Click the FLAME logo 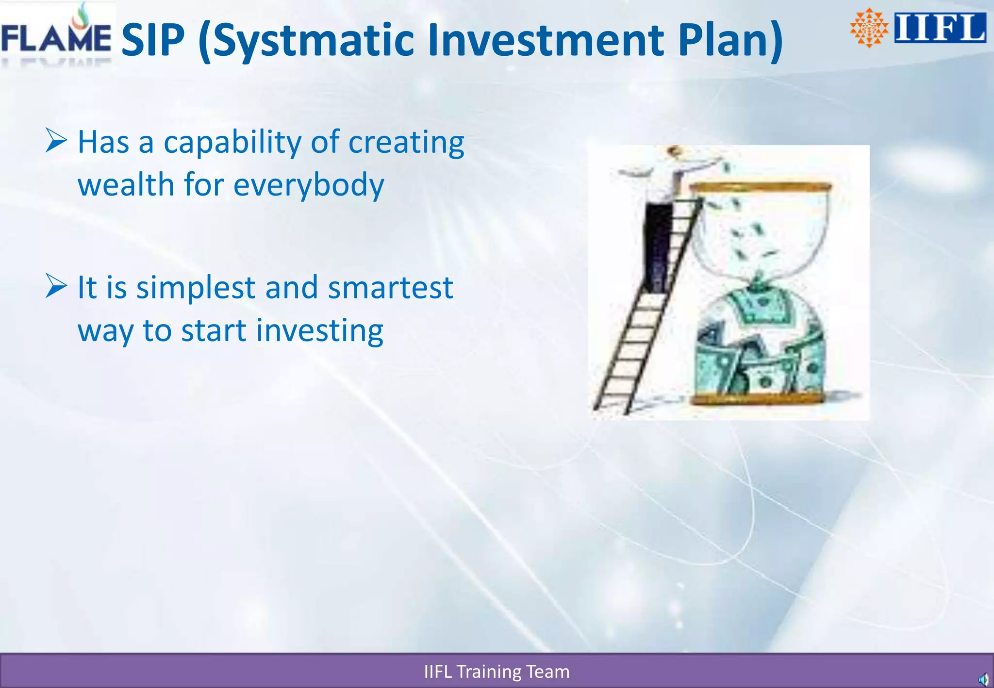point(56,36)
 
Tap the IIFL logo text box point(940,28)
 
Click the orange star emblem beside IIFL point(868,28)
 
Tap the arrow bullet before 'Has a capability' point(56,140)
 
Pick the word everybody point(309,186)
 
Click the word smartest point(390,287)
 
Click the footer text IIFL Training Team point(497,672)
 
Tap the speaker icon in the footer point(983,679)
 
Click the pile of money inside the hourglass point(760,349)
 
